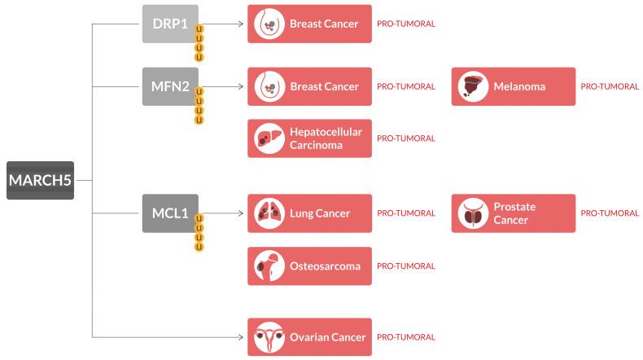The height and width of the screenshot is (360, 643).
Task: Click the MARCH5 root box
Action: [x=40, y=180]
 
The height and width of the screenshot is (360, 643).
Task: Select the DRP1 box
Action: [x=170, y=23]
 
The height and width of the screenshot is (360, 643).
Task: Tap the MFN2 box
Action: [x=170, y=86]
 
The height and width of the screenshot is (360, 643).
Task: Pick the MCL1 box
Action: [x=170, y=213]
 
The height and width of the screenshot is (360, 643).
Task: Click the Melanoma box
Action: [x=513, y=86]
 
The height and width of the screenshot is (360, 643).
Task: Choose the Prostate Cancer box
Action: [x=513, y=213]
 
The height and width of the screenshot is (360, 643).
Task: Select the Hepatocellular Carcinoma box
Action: [x=309, y=138]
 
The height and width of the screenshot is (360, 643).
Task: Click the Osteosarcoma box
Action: [x=309, y=266]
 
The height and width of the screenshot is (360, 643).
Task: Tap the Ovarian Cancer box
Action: [x=309, y=336]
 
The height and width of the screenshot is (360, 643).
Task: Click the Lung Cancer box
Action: [x=309, y=213]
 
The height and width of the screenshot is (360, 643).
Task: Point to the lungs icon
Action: [x=266, y=213]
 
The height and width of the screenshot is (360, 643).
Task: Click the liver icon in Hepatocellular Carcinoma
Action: [x=266, y=138]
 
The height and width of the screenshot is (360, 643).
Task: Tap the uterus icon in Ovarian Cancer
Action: [x=266, y=336]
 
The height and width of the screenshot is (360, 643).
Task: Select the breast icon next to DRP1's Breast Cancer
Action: [x=266, y=24]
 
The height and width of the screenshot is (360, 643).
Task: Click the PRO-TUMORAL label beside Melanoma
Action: [x=610, y=86]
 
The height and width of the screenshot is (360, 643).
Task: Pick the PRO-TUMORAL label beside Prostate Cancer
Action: [x=610, y=213]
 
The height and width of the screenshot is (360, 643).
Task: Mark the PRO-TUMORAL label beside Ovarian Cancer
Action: [x=405, y=336]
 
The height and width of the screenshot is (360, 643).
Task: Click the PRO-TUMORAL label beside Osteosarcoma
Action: [x=405, y=266]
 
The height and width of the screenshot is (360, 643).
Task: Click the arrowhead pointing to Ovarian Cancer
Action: [x=241, y=336]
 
